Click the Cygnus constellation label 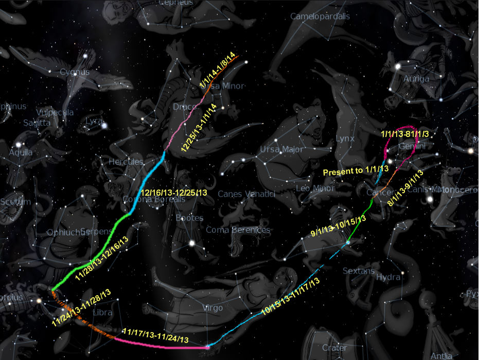(75, 72)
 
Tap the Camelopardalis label (320, 16)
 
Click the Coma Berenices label (238, 230)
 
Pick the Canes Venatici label (247, 194)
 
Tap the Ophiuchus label (69, 232)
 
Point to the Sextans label (357, 270)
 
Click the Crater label (334, 348)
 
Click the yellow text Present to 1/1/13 (355, 170)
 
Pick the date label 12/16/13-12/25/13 (173, 193)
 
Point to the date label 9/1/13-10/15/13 (339, 227)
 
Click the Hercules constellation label (126, 162)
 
